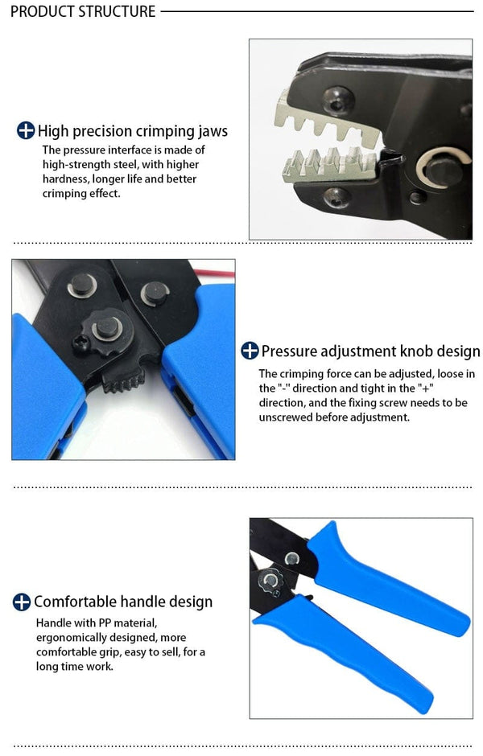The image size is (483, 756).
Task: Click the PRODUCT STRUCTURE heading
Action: point(83,11)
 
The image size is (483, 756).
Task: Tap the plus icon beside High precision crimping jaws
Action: point(26,131)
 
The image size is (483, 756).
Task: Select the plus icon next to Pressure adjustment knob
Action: point(250,351)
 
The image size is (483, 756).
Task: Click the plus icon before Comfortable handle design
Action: point(22,602)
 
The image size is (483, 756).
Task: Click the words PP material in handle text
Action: point(121,623)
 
